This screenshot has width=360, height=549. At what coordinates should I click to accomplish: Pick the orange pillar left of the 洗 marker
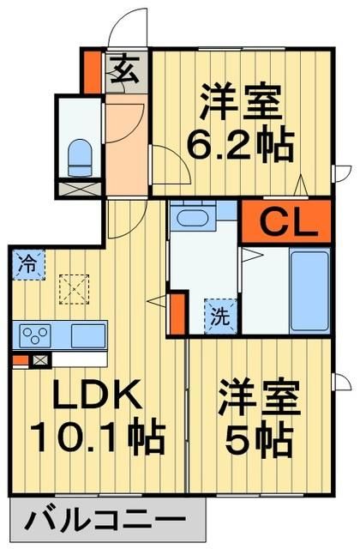[177, 314]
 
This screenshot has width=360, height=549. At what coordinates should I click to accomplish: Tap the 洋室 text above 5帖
[261, 399]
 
